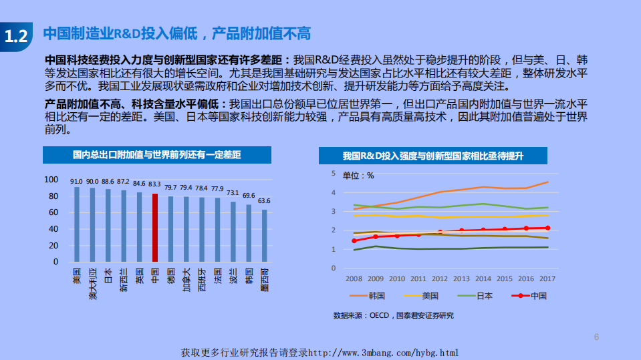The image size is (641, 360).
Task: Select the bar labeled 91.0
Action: (77, 224)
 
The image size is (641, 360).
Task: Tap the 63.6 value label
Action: (264, 200)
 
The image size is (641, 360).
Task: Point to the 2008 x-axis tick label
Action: (354, 278)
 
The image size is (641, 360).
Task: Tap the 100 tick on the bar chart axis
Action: (51, 180)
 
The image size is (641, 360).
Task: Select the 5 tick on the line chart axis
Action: (333, 173)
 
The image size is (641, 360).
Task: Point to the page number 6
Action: (596, 337)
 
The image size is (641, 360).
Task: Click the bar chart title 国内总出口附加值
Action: (157, 155)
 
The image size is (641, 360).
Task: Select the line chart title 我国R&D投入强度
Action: (432, 156)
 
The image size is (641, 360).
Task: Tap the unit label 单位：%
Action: (358, 176)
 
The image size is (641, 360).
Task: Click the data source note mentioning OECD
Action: (393, 315)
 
